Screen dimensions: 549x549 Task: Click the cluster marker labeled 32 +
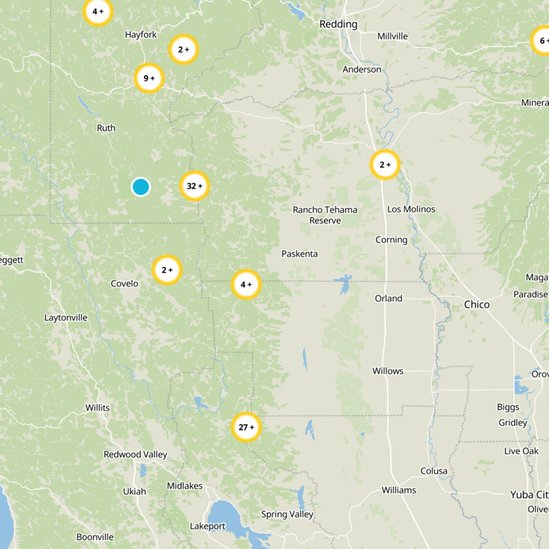(194, 186)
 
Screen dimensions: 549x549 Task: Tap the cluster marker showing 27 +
(246, 428)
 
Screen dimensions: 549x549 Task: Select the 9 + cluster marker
(149, 78)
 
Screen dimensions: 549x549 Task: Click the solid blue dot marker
(141, 187)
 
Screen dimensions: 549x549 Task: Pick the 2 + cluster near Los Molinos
(385, 165)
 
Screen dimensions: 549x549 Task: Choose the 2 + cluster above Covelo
(167, 270)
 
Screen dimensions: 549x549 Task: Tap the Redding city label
(339, 24)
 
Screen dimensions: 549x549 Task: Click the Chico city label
(477, 304)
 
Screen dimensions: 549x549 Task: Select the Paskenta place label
(300, 254)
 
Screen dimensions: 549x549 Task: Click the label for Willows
(388, 371)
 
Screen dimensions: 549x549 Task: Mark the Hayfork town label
(141, 34)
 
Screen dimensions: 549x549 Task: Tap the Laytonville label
(66, 318)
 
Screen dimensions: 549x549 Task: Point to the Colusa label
(434, 471)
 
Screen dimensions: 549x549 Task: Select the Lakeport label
(207, 526)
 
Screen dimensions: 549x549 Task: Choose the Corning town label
(391, 240)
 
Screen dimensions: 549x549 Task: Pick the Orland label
(388, 299)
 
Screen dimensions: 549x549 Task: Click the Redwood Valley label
(135, 454)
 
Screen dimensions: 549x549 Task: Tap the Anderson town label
(362, 69)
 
